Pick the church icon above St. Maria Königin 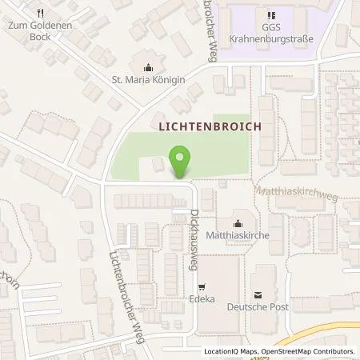pyautogui.click(x=149, y=66)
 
